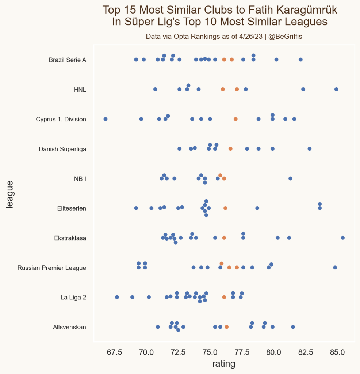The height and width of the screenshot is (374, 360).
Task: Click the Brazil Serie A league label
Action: click(67, 60)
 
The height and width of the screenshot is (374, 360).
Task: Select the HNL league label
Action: click(80, 90)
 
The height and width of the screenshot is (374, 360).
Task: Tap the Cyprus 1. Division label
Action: click(61, 119)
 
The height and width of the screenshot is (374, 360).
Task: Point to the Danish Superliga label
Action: click(62, 149)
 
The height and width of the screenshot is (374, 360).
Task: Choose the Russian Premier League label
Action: click(52, 268)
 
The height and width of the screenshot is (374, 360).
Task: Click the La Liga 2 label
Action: click(73, 298)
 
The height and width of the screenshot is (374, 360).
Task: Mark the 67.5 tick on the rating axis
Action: click(114, 352)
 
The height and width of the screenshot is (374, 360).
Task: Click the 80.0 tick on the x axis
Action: click(273, 352)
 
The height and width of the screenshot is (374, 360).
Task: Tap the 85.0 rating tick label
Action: click(337, 352)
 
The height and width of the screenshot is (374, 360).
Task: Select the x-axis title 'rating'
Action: click(224, 364)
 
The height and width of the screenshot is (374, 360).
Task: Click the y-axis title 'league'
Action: click(10, 194)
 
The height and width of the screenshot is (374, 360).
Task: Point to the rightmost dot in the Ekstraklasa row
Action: click(342, 238)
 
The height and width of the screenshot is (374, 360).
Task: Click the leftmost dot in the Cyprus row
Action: click(106, 119)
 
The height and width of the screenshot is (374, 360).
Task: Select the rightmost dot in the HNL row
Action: click(336, 89)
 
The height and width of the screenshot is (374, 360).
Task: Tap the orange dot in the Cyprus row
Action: click(235, 119)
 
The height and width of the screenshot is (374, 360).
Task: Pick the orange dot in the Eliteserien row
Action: click(225, 208)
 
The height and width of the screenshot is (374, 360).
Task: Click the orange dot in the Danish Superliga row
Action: click(230, 149)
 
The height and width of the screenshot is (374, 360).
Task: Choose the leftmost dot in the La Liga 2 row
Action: click(117, 297)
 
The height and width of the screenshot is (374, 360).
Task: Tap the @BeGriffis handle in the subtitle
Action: click(285, 37)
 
